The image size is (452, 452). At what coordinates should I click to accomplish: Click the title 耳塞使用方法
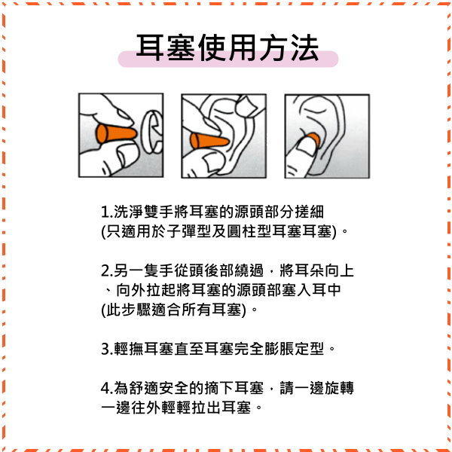[227, 49]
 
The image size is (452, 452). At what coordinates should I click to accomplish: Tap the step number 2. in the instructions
[107, 270]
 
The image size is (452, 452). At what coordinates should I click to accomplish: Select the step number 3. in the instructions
[107, 349]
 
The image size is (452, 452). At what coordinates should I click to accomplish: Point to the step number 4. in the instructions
[107, 389]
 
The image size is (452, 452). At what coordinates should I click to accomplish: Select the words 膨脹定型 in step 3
[297, 349]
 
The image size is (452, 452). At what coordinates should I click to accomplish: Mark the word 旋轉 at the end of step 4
[338, 389]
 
